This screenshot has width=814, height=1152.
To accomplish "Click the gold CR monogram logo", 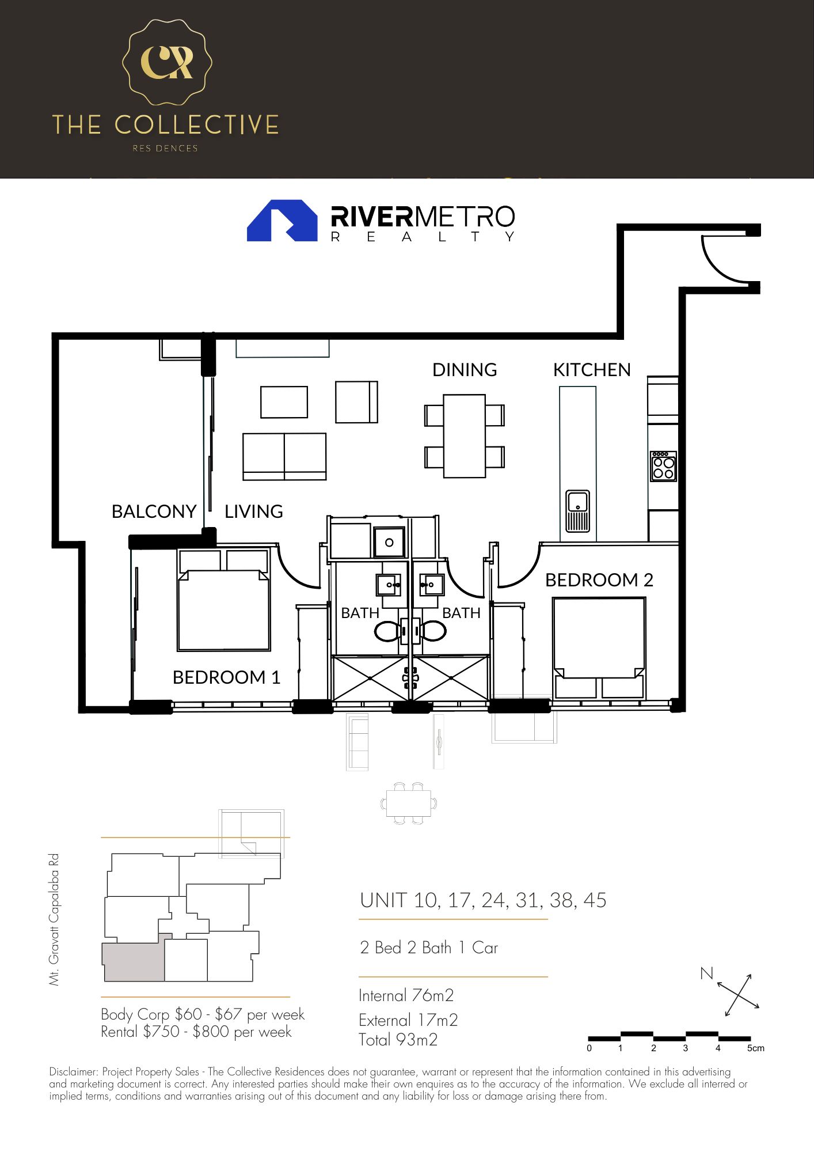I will pos(167,62).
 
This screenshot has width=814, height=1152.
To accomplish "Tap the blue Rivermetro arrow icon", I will pos(282,221).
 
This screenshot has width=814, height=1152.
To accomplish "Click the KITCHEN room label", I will pos(591,370).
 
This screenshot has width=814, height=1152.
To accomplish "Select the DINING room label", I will pos(465,370).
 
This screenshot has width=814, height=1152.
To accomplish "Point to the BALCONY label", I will pos(154,511).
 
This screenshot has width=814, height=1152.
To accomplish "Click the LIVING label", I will pos(253,511).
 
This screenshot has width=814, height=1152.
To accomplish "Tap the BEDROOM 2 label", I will pos(599,580).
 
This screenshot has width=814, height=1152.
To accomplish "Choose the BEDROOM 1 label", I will pos(226,677).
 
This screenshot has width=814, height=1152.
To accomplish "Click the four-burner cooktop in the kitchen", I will pos(663,466).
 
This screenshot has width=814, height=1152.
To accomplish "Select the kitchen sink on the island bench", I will pos(577,511).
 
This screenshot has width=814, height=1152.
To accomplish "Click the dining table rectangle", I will pos(464,436).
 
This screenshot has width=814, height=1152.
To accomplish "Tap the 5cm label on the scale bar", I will pos(755,1048).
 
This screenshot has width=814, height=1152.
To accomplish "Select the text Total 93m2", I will pos(398,1040).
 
